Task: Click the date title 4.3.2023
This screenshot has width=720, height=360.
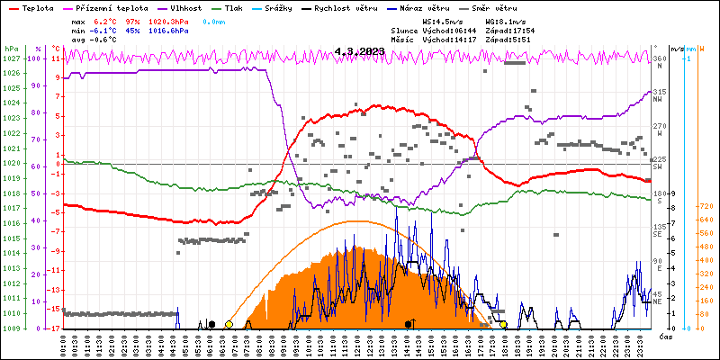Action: coord(359,51)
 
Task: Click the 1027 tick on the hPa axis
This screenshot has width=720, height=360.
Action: coord(12,58)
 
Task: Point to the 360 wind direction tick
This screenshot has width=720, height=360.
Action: coord(660,58)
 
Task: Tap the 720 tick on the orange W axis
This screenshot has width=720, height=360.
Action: coord(706,206)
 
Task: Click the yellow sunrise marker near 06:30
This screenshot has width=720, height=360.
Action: coord(229,324)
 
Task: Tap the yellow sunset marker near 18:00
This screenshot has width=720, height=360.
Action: coord(503,324)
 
